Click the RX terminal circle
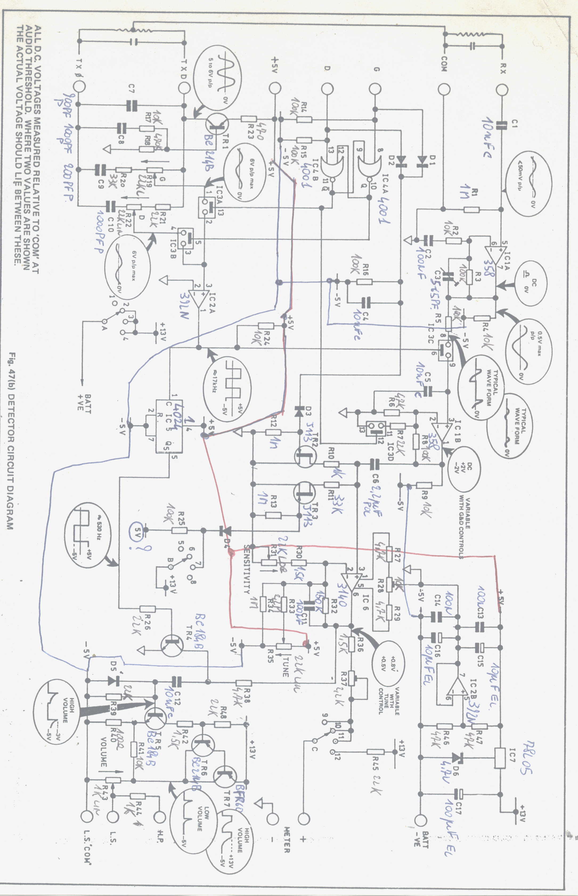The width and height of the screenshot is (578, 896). [502, 90]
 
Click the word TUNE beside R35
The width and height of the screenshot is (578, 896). [286, 667]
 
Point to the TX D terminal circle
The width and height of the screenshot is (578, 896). [184, 89]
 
